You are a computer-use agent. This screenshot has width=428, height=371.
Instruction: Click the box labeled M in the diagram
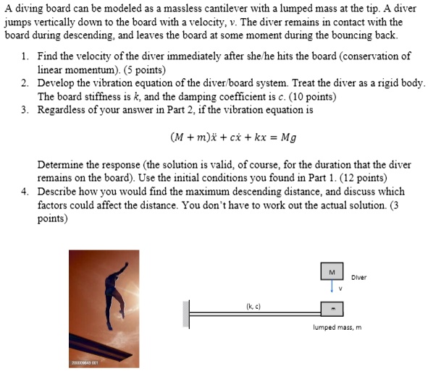point(331,272)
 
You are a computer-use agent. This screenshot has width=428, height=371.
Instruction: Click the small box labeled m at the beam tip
point(332,309)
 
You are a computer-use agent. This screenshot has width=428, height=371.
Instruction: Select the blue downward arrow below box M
point(331,287)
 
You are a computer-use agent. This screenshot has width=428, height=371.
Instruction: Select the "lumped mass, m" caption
point(337,328)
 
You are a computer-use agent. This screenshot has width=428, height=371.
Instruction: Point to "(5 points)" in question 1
point(148,70)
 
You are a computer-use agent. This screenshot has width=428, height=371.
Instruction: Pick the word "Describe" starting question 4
point(59,192)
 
